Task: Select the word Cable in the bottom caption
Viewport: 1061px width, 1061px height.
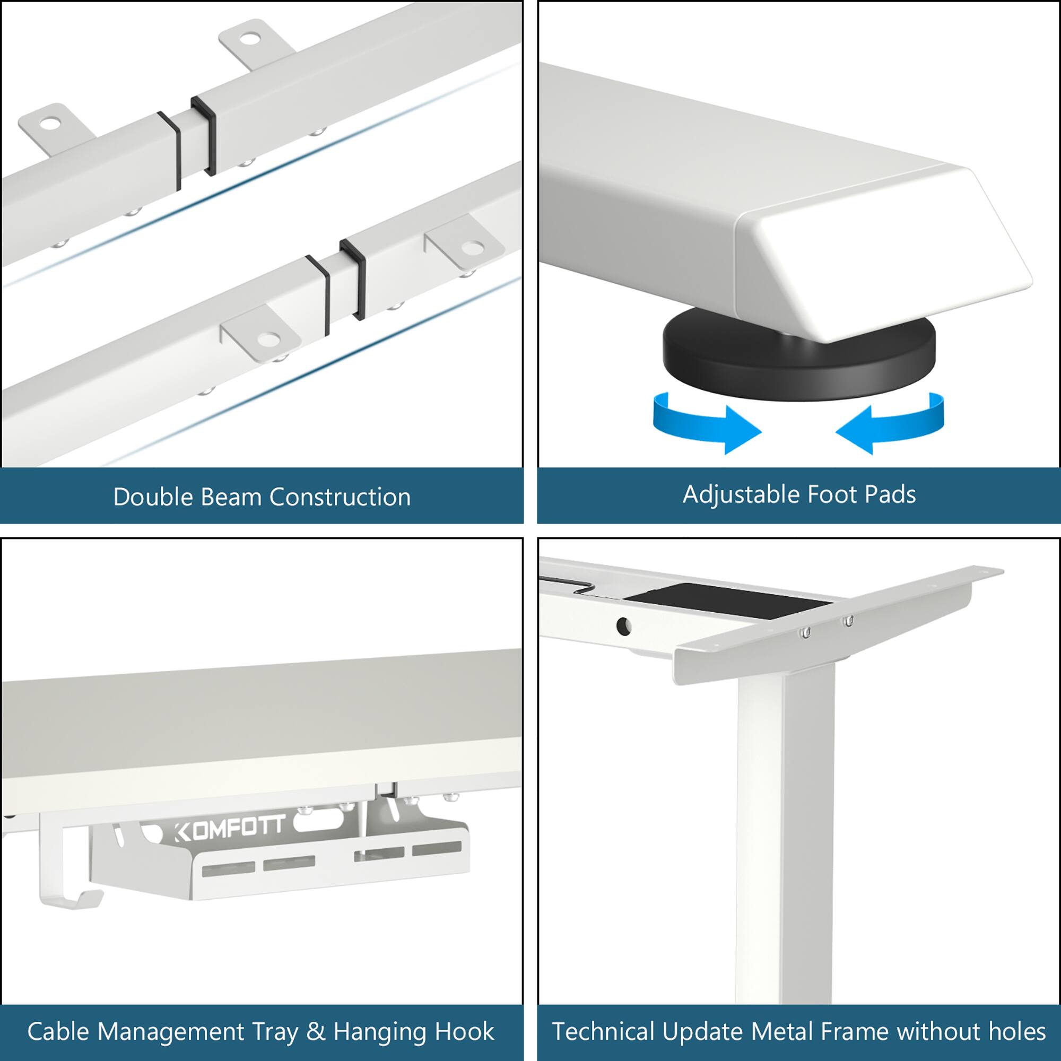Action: point(58,1031)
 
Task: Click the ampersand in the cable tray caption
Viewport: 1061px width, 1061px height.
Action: point(315,1031)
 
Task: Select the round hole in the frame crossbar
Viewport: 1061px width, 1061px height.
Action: point(623,625)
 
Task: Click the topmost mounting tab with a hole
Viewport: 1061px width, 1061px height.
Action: point(248,41)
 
